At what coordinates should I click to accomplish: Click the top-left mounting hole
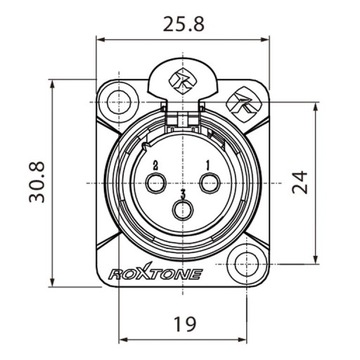coord(119,101)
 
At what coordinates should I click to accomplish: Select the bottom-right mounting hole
coord(247,267)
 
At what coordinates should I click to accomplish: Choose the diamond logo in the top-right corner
coord(240,100)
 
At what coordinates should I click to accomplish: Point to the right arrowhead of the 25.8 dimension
coord(263,39)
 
